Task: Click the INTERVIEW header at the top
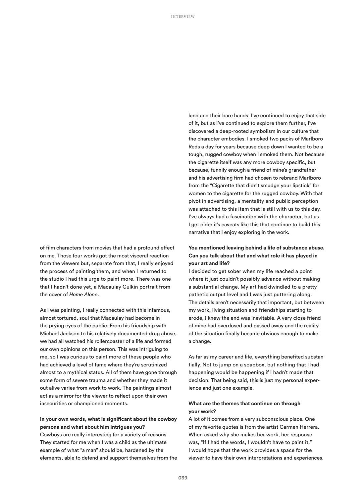[183, 17]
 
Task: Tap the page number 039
[183, 477]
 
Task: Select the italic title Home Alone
[83, 295]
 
